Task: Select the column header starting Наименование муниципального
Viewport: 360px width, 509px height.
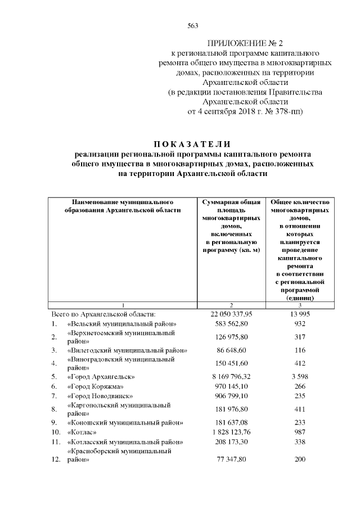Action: (x=121, y=205)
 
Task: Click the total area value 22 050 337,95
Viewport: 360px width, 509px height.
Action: (x=231, y=314)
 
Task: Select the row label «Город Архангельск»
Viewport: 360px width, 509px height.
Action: (x=100, y=376)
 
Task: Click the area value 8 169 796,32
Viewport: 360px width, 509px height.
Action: (x=231, y=376)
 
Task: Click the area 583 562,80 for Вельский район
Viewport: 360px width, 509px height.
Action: (x=231, y=325)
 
